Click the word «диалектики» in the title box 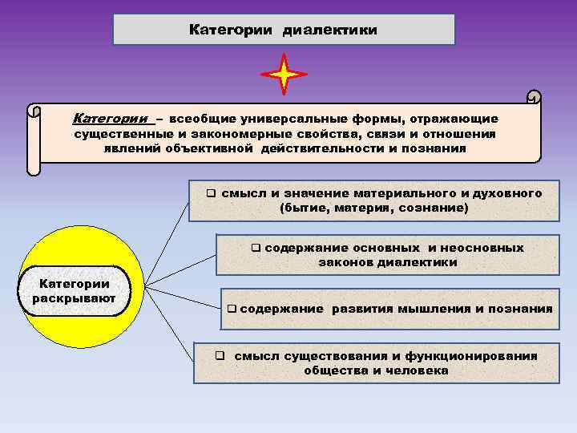(329, 30)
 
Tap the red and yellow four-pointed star (284, 75)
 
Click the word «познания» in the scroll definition (435, 148)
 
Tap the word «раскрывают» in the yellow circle (75, 299)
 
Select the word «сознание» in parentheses (437, 208)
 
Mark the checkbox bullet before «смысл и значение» (211, 193)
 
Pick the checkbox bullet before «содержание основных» (256, 248)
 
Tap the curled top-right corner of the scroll (533, 98)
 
